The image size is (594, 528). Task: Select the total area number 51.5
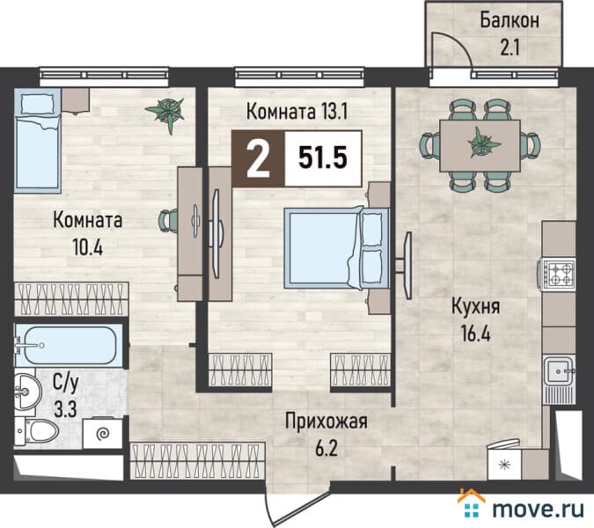(323, 159)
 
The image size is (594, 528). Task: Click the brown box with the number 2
(258, 159)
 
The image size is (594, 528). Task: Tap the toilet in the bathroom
(40, 431)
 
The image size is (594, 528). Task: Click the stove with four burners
(558, 273)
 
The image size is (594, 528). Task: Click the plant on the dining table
(480, 141)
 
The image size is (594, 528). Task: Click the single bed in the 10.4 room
(36, 145)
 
